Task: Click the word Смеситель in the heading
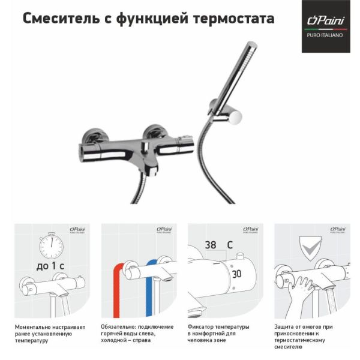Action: pos(61,19)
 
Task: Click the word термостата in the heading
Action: pos(234,19)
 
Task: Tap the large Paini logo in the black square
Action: pos(326,20)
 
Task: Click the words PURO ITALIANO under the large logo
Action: pos(325,35)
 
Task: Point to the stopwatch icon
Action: pos(51,245)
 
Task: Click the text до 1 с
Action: pos(50,266)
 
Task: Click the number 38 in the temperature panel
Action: pos(211,245)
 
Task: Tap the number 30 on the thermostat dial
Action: pos(236,274)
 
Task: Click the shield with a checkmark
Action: pos(310,248)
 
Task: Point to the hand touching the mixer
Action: pos(301,292)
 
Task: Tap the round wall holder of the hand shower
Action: pos(234,116)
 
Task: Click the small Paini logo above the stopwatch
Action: pos(77,229)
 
